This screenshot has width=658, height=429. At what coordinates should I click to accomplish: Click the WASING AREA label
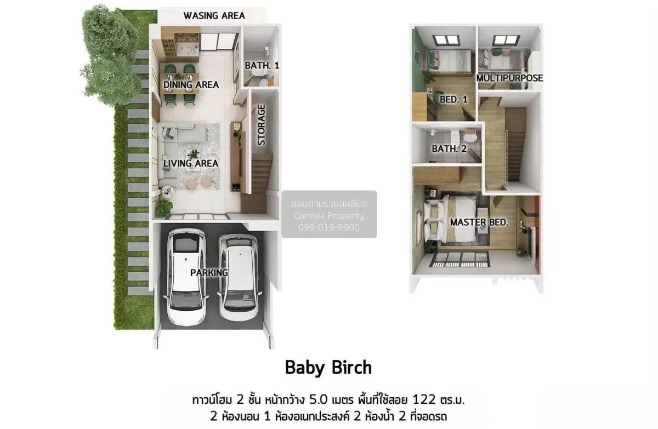[214, 15]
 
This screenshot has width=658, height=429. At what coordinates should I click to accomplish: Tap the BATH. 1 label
[262, 65]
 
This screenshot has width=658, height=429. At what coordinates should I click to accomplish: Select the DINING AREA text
[191, 85]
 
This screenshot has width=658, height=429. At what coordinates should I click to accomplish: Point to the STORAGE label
[261, 125]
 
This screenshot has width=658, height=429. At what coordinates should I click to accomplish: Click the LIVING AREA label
[191, 163]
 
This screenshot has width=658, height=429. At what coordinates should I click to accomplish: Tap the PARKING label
[209, 273]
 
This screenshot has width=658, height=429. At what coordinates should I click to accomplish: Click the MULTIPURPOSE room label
[509, 78]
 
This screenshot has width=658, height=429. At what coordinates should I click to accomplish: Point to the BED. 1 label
[453, 100]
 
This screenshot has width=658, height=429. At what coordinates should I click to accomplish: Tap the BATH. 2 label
[449, 149]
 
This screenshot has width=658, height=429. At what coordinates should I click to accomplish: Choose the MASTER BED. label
[479, 222]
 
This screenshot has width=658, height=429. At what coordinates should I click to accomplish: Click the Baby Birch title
[328, 368]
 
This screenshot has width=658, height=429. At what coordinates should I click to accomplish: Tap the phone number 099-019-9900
[329, 227]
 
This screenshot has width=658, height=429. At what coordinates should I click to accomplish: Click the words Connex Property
[328, 216]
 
